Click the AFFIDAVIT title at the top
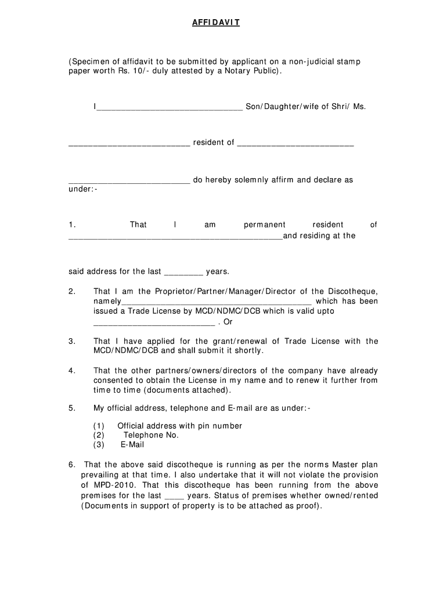click(216, 23)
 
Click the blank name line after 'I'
click(169, 107)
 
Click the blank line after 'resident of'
click(295, 143)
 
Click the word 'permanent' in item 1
click(264, 224)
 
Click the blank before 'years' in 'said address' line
click(183, 272)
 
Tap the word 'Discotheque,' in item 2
click(352, 291)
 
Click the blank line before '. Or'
click(154, 323)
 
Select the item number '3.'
click(72, 341)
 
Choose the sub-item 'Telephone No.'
click(151, 435)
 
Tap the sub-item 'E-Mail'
click(132, 445)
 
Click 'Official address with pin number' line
click(179, 426)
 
